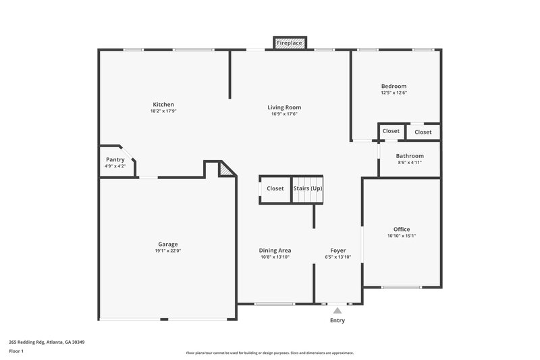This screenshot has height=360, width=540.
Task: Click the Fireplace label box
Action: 290,43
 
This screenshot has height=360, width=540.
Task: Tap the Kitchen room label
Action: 163,105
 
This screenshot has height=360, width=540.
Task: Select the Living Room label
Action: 284,107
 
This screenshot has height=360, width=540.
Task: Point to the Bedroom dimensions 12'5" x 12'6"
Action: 394,93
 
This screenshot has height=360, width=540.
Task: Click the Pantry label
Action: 115,159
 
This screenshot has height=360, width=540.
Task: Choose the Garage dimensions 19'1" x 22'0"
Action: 168,251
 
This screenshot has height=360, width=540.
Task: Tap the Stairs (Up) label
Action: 308,188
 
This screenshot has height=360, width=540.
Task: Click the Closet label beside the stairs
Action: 275,188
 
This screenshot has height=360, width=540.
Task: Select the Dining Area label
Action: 275,251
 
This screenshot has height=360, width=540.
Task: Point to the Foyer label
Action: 338,251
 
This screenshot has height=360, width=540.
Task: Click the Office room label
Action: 402,230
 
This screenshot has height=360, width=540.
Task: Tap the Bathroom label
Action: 410,156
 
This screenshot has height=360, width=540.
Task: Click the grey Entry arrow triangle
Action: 337,311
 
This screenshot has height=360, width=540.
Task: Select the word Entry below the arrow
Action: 337,321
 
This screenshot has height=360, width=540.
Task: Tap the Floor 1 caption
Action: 16,351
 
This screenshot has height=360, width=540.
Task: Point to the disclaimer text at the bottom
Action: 270,353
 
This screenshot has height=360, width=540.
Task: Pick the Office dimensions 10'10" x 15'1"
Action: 402,236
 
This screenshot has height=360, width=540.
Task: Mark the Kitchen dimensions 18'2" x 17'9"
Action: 163,111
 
